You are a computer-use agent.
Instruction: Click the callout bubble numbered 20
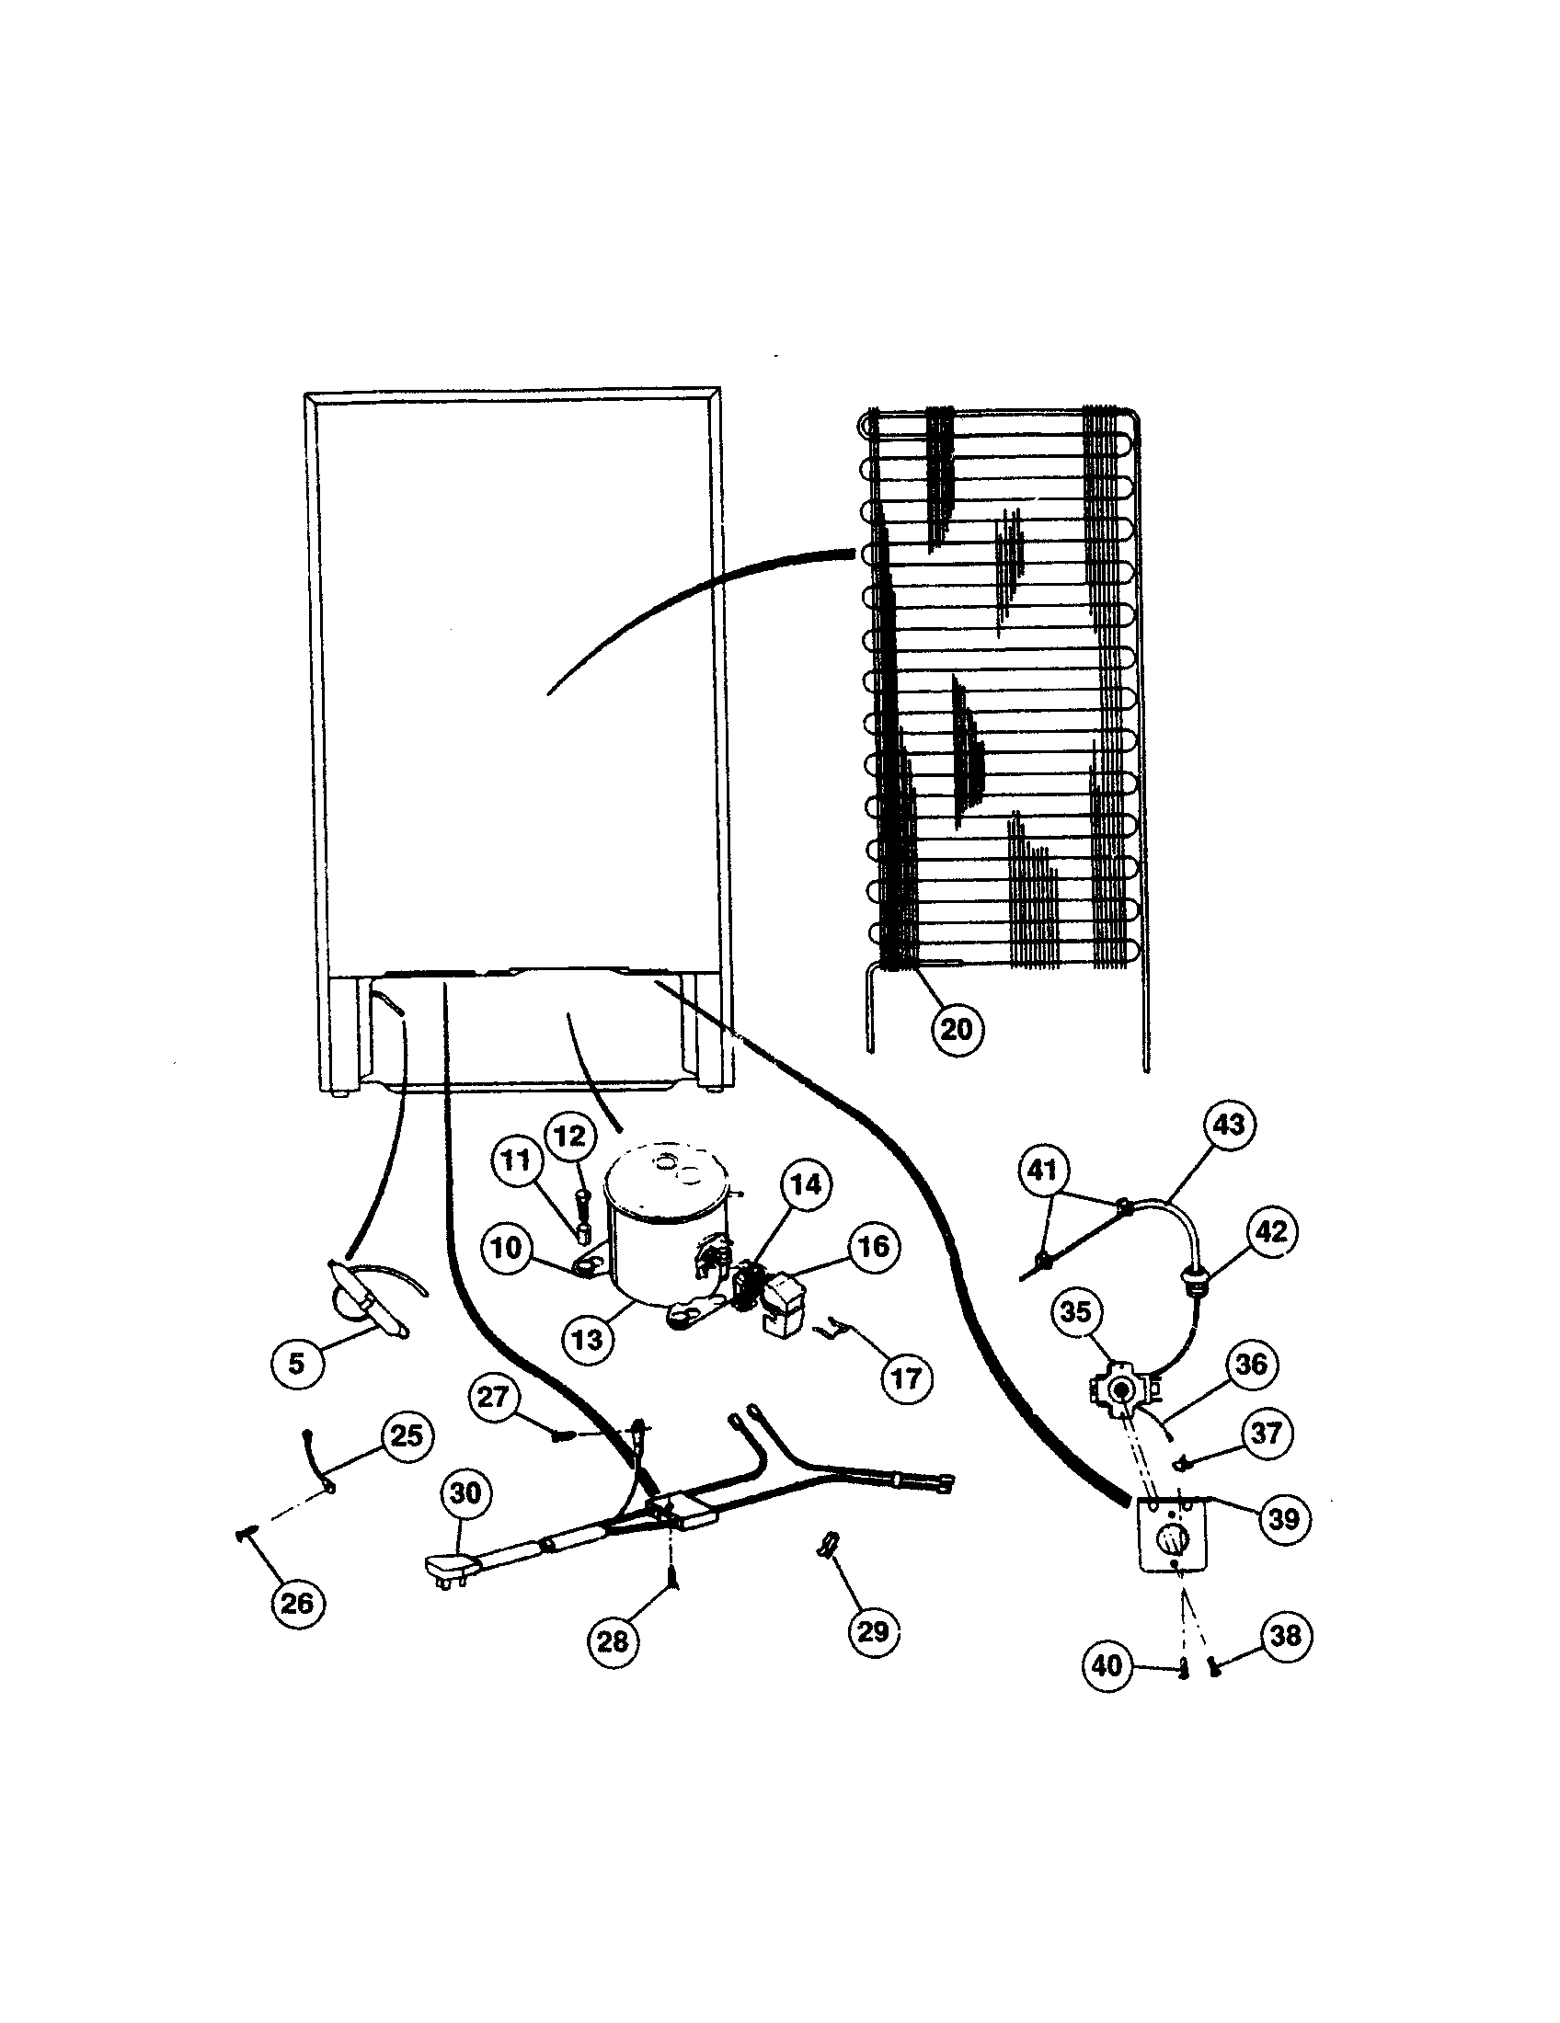point(957,1029)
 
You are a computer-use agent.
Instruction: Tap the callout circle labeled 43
point(1229,1125)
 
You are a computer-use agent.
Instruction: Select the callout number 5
point(296,1364)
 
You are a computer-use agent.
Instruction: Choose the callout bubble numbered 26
point(297,1603)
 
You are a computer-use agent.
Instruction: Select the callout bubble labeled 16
point(873,1247)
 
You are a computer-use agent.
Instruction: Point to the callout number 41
point(1043,1171)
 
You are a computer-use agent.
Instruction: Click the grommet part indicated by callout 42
point(1187,1282)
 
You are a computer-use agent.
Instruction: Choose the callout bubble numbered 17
point(906,1378)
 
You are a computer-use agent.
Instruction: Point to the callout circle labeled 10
point(507,1248)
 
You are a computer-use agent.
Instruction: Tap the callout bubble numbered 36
point(1251,1364)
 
